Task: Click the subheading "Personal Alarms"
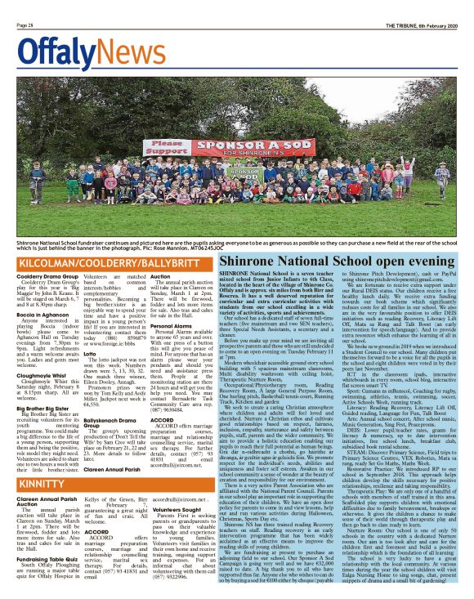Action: click(x=171, y=325)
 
